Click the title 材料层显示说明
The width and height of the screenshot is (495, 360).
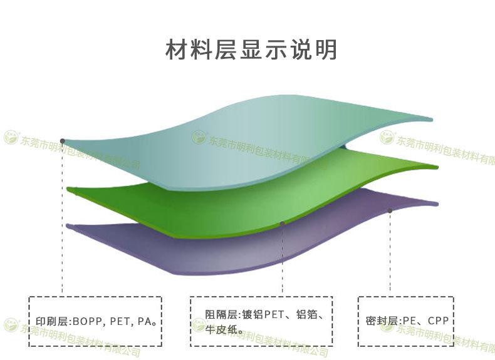[x=251, y=49]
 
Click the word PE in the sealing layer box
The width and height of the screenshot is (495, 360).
[x=409, y=322]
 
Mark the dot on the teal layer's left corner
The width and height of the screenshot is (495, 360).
[x=62, y=141]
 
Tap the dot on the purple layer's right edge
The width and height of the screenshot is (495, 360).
[x=390, y=210]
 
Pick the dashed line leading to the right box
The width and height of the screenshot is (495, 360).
[x=390, y=257]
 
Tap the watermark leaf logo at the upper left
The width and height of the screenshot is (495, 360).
[x=11, y=136]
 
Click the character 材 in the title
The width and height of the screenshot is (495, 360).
[x=175, y=49]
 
